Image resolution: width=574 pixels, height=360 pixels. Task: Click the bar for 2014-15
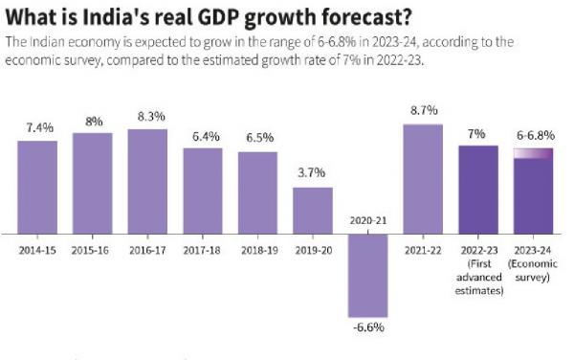click(x=37, y=187)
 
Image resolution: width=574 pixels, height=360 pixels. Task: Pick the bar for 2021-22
click(x=423, y=178)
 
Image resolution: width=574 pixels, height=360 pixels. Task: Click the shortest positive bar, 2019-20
click(x=313, y=210)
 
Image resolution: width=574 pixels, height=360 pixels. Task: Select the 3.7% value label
click(x=313, y=173)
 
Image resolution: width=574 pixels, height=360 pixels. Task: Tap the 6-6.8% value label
click(x=533, y=135)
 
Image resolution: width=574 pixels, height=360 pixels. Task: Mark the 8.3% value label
click(x=147, y=116)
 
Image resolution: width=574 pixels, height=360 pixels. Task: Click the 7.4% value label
click(x=37, y=127)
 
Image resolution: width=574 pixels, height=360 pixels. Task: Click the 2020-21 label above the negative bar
click(x=368, y=220)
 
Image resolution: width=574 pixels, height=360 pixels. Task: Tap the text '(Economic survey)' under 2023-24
click(x=533, y=271)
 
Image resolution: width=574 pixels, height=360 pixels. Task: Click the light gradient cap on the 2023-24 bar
click(x=533, y=153)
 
